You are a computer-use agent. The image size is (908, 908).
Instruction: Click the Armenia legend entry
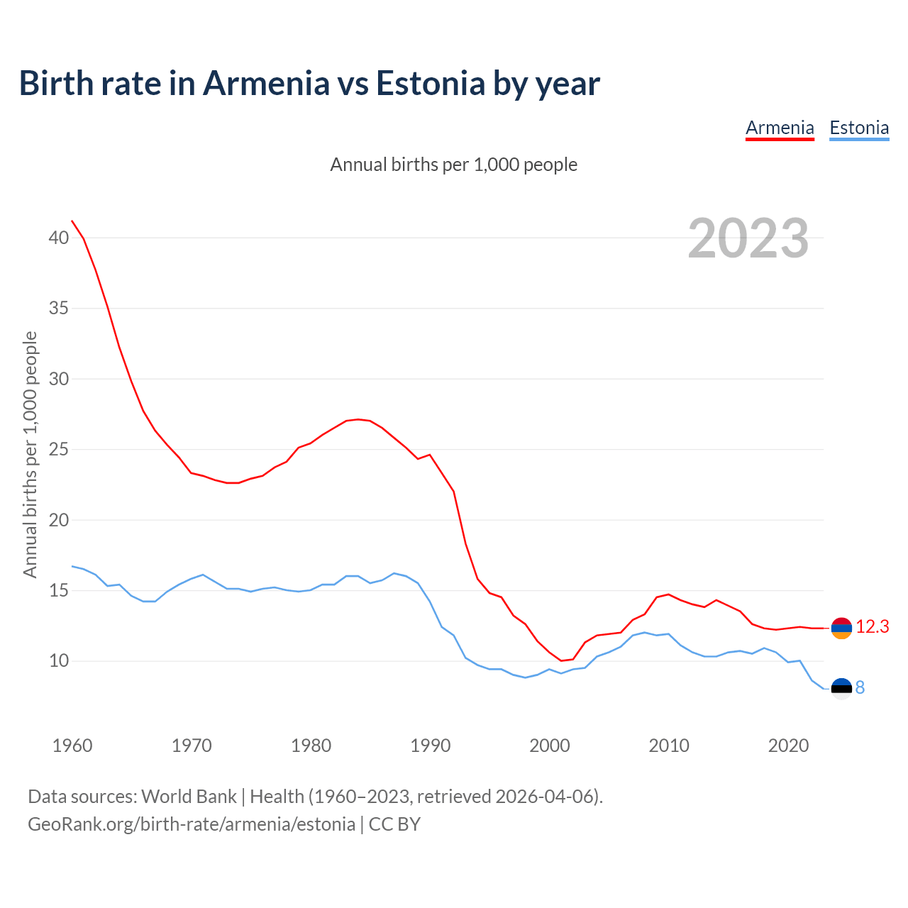coord(780,128)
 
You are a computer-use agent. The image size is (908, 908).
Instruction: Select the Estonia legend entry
coord(859,128)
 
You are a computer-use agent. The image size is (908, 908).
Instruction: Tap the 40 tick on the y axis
coord(59,238)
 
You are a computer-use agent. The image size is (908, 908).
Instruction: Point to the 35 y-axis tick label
coord(59,309)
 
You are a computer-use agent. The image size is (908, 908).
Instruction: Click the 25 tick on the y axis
coord(59,450)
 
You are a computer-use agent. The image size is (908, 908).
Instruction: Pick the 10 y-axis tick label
coord(59,661)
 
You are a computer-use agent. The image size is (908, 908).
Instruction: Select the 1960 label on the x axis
coord(72,746)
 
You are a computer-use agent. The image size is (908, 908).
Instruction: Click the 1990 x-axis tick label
coord(431,746)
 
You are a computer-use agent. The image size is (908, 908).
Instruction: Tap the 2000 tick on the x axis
coord(550,746)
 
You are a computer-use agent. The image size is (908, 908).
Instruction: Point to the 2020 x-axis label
coord(789,746)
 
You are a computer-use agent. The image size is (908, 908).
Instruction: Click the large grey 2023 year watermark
coord(748,238)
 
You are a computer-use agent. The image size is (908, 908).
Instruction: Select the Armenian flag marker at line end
coord(841,628)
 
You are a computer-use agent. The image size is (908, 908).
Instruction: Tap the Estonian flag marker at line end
coord(841,688)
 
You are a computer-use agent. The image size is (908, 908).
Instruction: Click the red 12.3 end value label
coord(873,627)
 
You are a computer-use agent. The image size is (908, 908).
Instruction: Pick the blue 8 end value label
coord(860,688)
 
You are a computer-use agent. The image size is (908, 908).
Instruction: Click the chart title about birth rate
coord(309,83)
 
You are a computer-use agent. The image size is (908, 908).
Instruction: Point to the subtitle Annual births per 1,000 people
coord(454,165)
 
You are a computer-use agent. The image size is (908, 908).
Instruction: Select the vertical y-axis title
coord(30,454)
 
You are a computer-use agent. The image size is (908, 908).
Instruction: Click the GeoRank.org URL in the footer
coord(192,824)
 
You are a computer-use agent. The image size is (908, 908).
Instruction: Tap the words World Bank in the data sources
coord(189,796)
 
